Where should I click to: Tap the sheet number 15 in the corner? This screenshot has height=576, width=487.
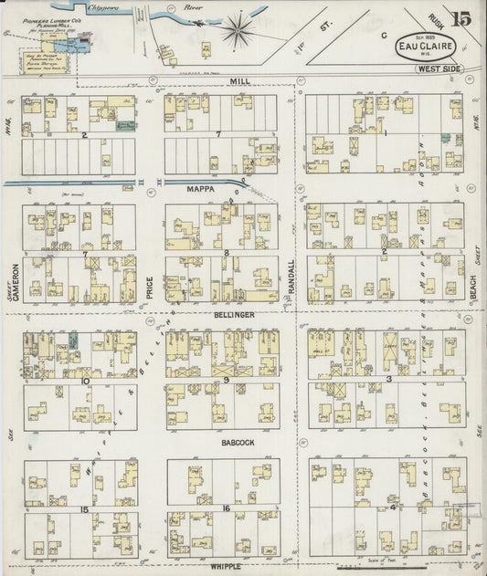click(x=461, y=18)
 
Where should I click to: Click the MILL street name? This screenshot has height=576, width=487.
click(x=239, y=81)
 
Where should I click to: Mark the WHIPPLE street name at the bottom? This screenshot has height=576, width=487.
click(x=225, y=567)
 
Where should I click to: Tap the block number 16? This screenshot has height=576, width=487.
click(x=225, y=507)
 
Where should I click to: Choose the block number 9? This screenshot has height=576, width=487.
click(x=226, y=379)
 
